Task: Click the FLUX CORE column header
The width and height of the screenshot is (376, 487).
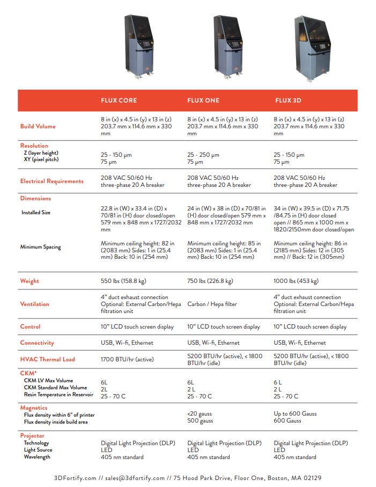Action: click(119, 100)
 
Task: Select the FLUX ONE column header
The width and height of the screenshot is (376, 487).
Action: click(203, 100)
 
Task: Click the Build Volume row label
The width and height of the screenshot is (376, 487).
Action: click(38, 126)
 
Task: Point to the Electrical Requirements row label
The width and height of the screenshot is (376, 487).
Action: click(52, 181)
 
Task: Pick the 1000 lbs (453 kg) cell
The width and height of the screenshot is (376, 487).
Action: click(296, 281)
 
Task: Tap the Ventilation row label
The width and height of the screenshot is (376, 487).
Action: click(35, 304)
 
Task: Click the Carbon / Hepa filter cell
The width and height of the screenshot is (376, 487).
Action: click(212, 304)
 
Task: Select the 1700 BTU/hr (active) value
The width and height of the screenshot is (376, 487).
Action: click(127, 359)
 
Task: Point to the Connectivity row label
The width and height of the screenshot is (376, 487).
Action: click(38, 343)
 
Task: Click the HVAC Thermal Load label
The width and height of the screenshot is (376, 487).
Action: click(48, 359)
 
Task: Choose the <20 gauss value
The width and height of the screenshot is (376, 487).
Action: click(200, 413)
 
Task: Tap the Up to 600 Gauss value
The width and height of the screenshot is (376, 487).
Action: click(295, 413)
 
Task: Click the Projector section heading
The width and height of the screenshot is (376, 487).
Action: click(32, 435)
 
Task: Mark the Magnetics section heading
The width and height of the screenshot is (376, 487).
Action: click(34, 408)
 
